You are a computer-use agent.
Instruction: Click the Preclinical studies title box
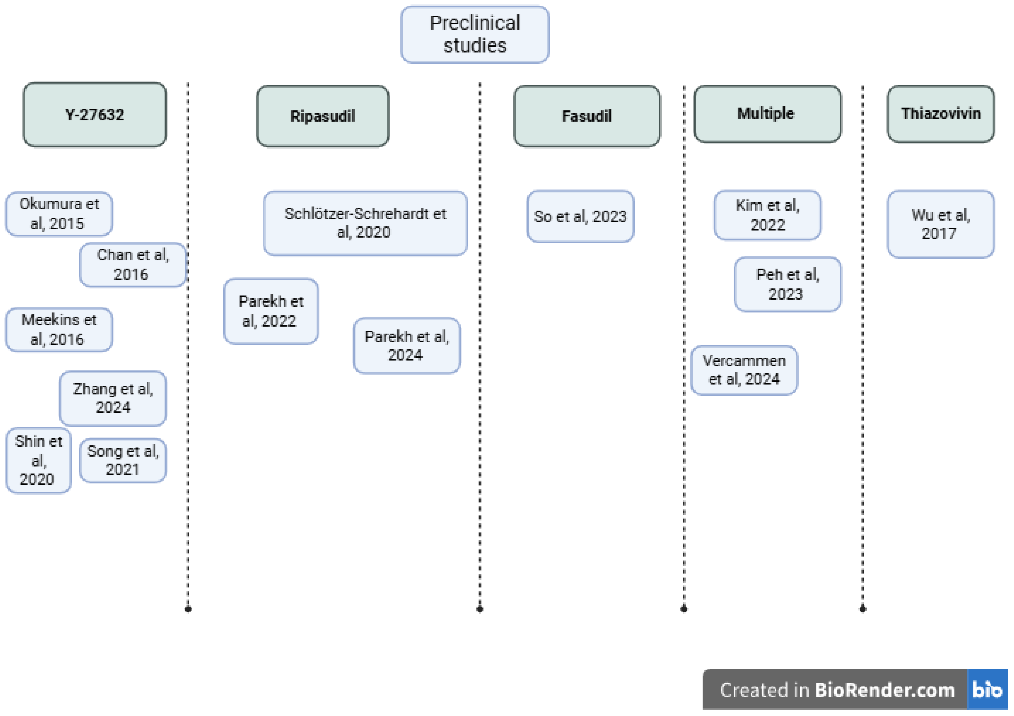(x=475, y=34)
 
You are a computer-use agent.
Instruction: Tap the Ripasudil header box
(x=322, y=116)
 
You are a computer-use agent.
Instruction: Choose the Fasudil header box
(x=586, y=116)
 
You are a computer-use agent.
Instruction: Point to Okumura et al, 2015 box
(x=59, y=214)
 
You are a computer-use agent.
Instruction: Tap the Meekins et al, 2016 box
(x=59, y=329)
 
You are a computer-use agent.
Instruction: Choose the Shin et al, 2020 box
(x=38, y=460)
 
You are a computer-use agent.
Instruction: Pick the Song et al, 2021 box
(x=123, y=460)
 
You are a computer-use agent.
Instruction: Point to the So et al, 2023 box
(x=580, y=216)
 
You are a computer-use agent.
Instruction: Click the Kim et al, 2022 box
(x=767, y=215)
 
